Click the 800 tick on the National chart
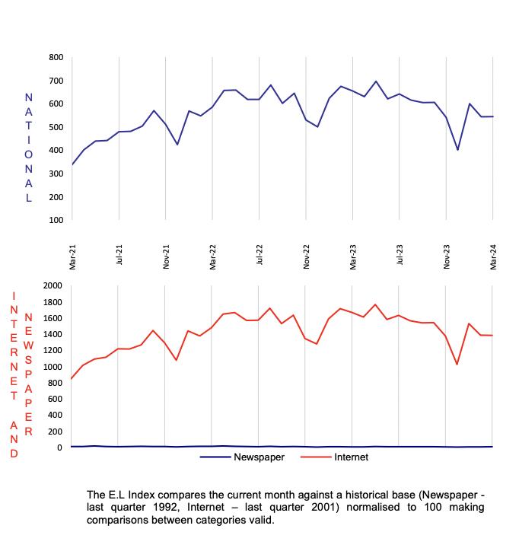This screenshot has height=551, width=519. pyautogui.click(x=56, y=57)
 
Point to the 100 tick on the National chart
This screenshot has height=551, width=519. pyautogui.click(x=56, y=220)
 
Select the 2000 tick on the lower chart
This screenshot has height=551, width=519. pyautogui.click(x=51, y=286)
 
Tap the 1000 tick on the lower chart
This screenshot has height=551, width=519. pyautogui.click(x=51, y=367)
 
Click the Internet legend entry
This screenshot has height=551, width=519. pyautogui.click(x=351, y=457)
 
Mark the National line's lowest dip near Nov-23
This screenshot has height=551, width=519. pyautogui.click(x=458, y=150)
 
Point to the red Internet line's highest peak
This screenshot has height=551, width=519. pyautogui.click(x=376, y=304)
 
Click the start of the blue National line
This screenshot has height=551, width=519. pyautogui.click(x=72, y=164)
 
